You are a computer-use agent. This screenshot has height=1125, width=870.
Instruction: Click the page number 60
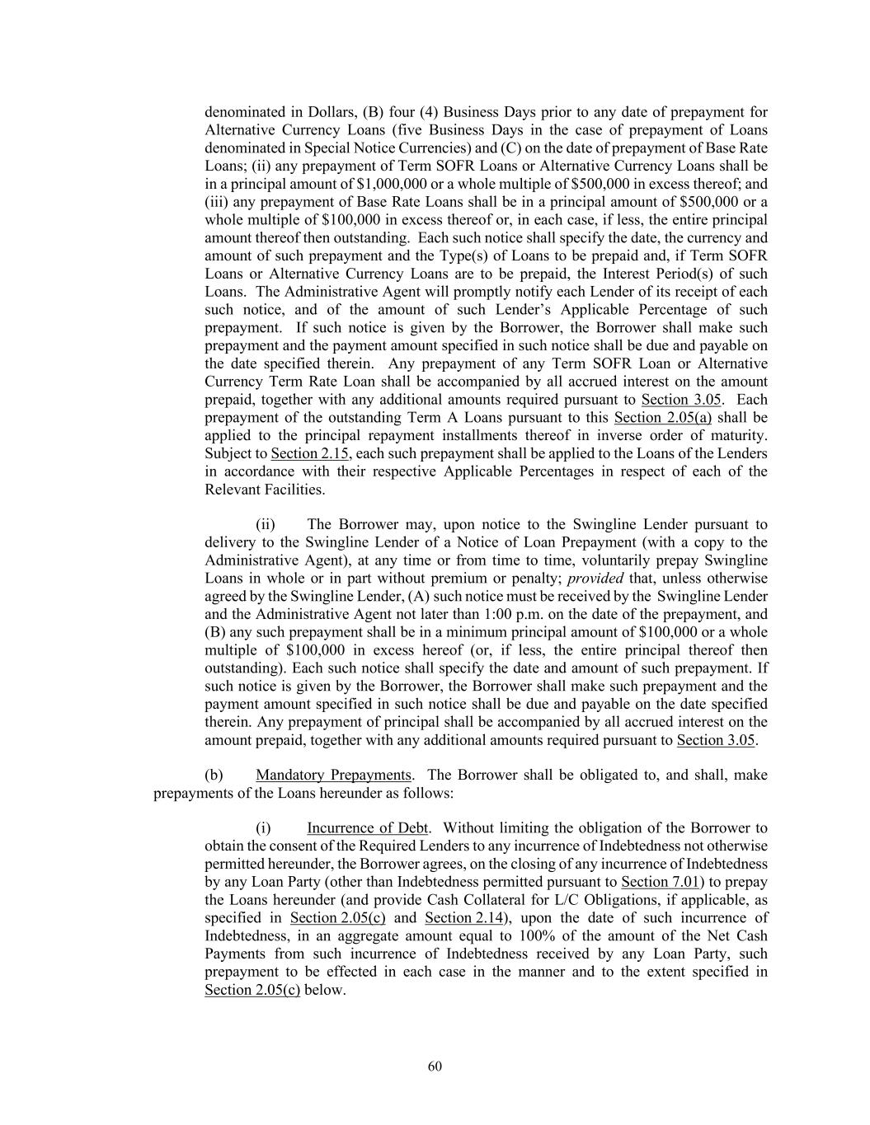435,1066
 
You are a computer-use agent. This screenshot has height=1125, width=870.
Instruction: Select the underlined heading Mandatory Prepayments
333,775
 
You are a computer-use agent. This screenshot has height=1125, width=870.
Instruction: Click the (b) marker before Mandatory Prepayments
214,775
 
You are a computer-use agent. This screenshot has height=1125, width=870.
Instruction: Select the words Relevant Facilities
264,490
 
